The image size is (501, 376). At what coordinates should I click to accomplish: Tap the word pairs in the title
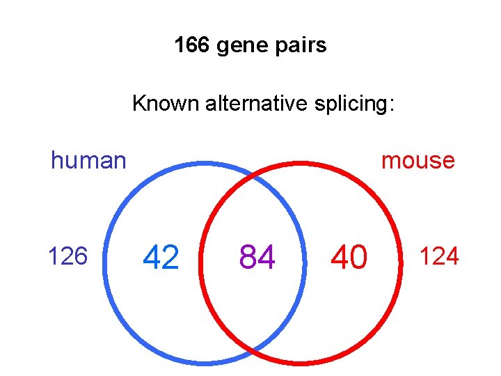(x=299, y=47)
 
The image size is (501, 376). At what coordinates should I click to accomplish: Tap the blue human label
(x=88, y=161)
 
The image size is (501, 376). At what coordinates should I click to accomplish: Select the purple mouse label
(x=418, y=161)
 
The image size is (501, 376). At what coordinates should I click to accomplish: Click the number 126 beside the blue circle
(x=67, y=257)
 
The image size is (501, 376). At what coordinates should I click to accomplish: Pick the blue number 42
(x=161, y=258)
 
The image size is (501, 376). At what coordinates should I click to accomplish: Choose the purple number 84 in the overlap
(x=257, y=258)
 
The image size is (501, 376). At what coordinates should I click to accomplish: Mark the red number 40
(x=349, y=258)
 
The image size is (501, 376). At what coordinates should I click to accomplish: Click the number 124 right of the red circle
(x=438, y=257)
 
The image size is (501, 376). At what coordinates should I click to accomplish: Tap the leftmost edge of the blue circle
(x=104, y=263)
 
